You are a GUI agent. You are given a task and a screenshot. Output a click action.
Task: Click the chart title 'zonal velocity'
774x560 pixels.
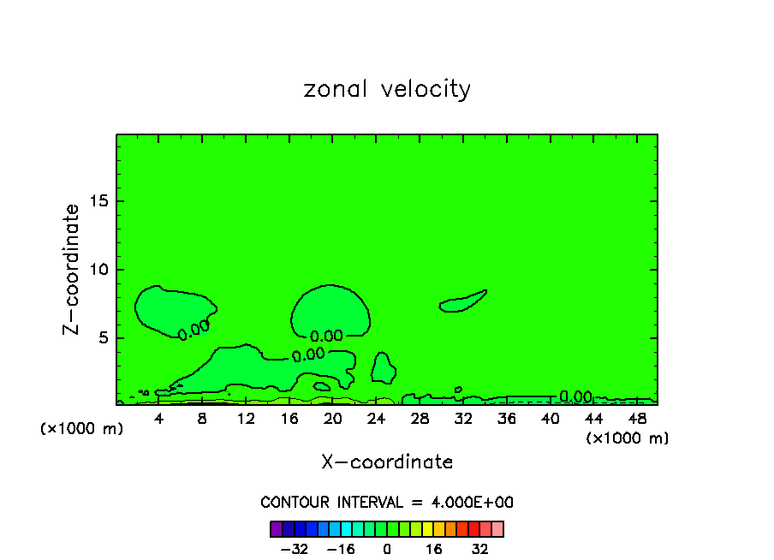[x=387, y=89]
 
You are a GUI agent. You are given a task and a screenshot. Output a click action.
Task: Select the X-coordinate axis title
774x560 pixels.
[x=387, y=462]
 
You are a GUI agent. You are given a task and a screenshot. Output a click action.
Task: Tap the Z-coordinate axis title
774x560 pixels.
[x=72, y=269]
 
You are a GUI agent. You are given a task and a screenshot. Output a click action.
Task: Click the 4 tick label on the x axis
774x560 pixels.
[x=159, y=419]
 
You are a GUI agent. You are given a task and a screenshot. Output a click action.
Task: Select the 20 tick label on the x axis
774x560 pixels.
[x=333, y=419]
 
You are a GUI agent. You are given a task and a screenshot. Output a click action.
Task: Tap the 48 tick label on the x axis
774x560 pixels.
[x=637, y=419]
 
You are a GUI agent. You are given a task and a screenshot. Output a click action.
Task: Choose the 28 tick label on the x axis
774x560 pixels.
[x=420, y=419]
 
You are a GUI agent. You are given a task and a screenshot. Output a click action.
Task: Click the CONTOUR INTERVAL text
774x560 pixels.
[x=387, y=503]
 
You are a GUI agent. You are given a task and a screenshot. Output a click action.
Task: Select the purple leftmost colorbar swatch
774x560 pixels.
[x=276, y=528]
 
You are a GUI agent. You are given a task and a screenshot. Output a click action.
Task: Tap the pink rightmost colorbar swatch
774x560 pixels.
[x=497, y=528]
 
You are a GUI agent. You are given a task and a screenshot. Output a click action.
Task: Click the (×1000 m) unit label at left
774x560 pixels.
[x=82, y=429]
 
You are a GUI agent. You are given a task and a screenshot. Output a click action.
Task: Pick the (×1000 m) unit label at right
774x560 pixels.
[x=628, y=438]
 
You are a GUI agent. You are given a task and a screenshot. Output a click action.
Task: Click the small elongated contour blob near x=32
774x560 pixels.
[x=463, y=301]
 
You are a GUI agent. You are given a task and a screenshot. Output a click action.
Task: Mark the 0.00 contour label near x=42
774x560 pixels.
[x=575, y=396]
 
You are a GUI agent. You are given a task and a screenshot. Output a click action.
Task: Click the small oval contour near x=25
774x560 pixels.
[x=382, y=367]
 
